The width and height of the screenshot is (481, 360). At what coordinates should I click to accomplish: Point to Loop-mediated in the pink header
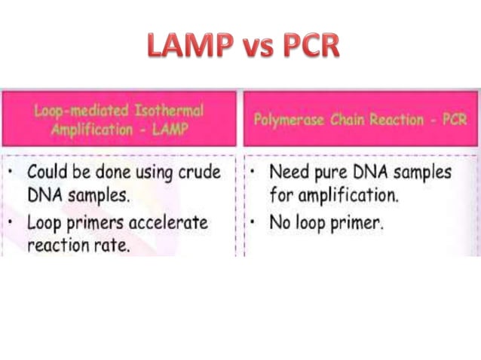pyautogui.click(x=81, y=111)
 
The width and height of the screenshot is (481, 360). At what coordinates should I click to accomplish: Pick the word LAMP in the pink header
pyautogui.click(x=171, y=128)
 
